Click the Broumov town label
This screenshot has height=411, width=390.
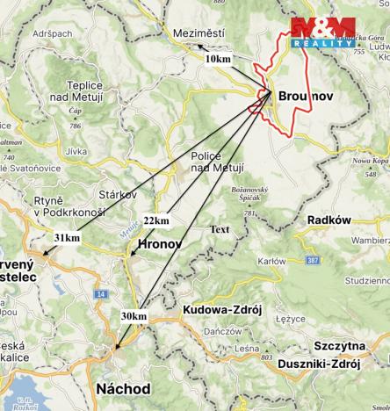pos(307,95)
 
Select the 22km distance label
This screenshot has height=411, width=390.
pos(155,220)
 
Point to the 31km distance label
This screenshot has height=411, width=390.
pos(66,238)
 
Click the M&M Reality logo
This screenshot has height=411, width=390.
pos(322,33)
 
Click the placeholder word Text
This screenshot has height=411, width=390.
pos(220,229)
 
